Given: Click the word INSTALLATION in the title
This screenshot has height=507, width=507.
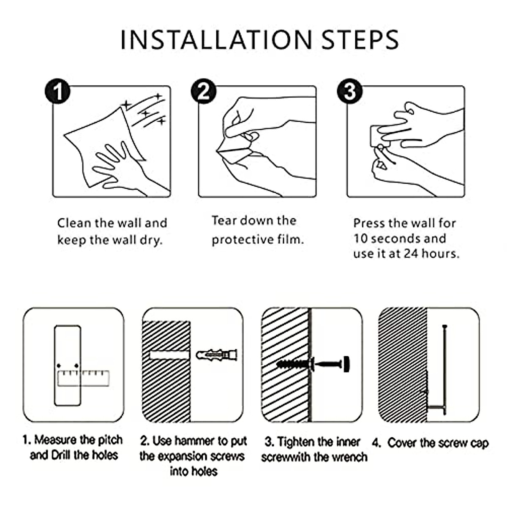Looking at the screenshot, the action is [216, 40].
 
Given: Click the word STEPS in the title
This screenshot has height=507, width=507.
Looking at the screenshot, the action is [360, 40].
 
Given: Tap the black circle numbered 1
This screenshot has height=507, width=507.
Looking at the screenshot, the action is [57, 91].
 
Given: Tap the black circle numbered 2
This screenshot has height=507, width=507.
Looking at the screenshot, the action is [204, 91].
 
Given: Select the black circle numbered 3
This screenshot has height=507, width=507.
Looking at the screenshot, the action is [350, 91].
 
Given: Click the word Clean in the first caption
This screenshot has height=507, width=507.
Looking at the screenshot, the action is [74, 223].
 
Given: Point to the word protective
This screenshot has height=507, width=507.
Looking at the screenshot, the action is [243, 240].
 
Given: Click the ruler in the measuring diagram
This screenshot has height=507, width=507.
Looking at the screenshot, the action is [83, 378].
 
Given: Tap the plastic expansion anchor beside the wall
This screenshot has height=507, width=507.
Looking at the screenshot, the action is [216, 355].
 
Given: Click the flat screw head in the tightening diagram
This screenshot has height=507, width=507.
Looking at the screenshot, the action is [346, 364].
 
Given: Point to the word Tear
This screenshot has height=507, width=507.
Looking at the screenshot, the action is [224, 221].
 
